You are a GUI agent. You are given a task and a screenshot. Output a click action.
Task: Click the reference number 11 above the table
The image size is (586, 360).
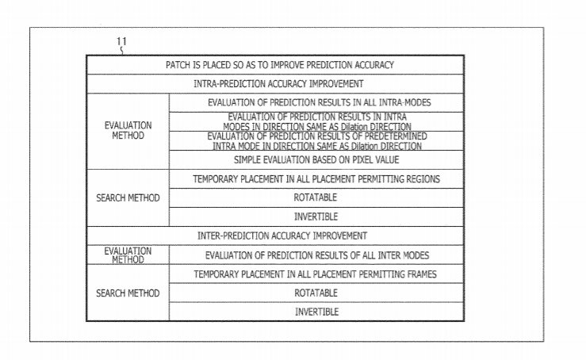point(121,41)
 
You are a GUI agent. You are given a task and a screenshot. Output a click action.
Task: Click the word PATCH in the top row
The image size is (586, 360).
point(178,65)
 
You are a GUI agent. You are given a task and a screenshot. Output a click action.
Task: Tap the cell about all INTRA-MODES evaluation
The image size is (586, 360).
point(316,103)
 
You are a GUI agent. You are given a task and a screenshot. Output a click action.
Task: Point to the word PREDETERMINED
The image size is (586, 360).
point(396,136)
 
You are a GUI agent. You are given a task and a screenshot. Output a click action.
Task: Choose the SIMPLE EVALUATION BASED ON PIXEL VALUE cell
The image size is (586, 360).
point(316,160)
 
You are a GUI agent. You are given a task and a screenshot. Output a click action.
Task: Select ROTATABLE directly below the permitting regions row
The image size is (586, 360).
point(315,197)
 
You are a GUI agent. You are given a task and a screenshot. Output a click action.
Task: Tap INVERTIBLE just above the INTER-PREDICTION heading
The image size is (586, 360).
point(316,216)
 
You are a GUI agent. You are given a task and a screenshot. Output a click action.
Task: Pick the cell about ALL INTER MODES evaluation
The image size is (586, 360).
point(316,255)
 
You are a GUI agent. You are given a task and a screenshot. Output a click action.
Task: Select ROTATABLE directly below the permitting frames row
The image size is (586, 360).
point(316,293)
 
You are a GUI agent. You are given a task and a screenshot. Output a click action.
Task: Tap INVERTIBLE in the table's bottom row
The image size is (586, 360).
point(316,312)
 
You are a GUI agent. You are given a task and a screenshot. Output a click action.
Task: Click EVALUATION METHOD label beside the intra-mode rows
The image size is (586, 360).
point(128,131)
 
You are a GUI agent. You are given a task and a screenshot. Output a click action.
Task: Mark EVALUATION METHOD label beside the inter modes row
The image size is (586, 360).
point(128,255)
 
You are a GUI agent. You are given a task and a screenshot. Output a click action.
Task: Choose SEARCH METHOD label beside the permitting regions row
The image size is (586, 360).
point(128,197)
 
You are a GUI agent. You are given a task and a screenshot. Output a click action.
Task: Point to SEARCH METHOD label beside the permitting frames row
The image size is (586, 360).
point(128,293)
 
